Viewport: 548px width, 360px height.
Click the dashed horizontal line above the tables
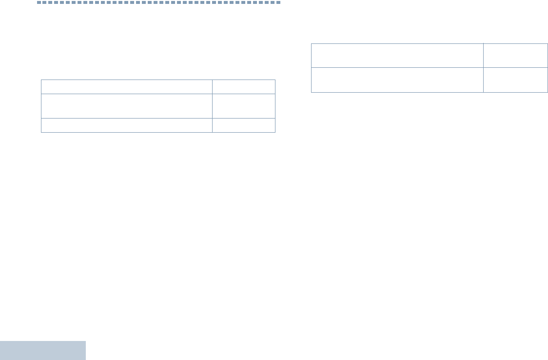[158, 2]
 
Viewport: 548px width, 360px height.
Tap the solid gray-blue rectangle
[43, 350]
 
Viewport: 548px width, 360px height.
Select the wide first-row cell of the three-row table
[127, 87]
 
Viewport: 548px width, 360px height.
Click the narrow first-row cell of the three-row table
[244, 87]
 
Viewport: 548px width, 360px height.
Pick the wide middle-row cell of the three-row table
[127, 106]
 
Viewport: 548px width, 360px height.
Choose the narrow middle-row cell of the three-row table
[244, 106]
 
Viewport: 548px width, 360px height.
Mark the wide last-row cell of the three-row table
[127, 125]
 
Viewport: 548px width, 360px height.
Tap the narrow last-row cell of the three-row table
[244, 125]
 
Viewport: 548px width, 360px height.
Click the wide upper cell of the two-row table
[397, 56]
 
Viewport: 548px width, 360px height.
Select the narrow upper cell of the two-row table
[516, 56]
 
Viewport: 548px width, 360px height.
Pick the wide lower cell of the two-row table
[397, 80]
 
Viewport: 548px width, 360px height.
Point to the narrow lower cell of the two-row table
[516, 80]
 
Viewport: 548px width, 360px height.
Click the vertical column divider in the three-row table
[212, 106]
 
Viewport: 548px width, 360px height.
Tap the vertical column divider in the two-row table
[484, 68]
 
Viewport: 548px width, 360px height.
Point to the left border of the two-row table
[311, 68]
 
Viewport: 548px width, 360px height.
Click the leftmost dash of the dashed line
[39, 2]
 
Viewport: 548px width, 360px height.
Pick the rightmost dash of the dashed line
[278, 2]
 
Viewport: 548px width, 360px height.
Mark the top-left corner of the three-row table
[41, 80]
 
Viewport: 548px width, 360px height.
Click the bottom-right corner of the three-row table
[275, 132]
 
